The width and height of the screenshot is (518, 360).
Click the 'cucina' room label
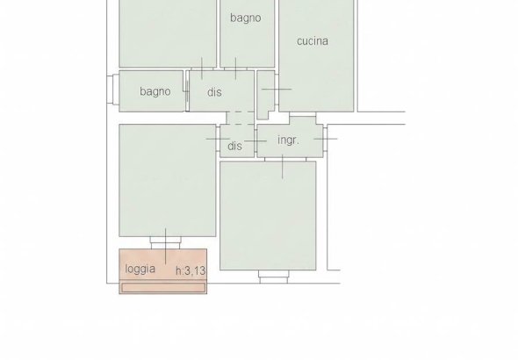tap(313, 41)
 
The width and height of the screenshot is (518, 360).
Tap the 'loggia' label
tap(140, 270)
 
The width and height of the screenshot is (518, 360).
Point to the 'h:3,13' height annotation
tap(191, 270)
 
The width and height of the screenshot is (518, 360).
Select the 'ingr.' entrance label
tap(288, 140)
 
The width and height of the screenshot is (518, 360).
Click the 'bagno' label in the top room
tap(246, 18)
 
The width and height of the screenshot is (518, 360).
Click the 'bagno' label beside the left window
tap(155, 91)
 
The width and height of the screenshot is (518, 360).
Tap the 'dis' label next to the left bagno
tap(214, 92)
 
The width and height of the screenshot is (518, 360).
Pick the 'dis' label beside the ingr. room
tap(235, 146)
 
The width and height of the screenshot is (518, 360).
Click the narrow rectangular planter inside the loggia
tap(163, 288)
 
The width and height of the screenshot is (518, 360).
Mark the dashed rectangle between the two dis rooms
tap(241, 118)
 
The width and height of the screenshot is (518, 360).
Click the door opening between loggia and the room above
tap(166, 242)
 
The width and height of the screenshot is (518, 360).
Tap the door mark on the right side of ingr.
tap(326, 139)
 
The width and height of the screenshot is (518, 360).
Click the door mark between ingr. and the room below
tap(283, 167)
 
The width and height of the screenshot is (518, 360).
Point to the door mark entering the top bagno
tap(235, 68)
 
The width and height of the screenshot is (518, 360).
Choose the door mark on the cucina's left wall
tap(277, 89)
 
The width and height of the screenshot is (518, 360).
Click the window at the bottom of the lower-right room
tap(274, 277)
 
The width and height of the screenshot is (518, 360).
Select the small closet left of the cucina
tap(265, 95)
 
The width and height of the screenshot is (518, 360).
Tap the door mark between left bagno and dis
tap(187, 91)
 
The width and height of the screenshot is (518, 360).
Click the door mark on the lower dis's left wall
tap(218, 139)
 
